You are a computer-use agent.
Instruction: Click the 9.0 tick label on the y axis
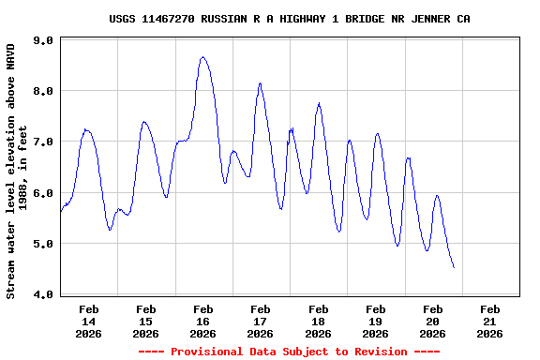point(42,40)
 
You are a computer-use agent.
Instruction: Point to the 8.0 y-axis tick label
point(42,91)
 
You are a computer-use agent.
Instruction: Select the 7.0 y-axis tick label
point(42,142)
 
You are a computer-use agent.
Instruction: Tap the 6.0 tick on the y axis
point(42,193)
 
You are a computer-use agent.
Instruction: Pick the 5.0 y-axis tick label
point(42,244)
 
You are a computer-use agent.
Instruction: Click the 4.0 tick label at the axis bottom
point(42,294)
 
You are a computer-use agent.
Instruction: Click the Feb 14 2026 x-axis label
point(89,321)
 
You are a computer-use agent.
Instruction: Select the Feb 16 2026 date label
point(203,321)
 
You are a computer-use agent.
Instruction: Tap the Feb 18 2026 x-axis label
point(318,321)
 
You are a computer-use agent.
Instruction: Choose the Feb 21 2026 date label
point(489,321)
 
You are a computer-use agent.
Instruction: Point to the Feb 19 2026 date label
point(375,321)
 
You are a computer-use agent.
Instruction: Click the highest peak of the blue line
point(202,57)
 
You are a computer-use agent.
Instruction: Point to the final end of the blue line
point(454,268)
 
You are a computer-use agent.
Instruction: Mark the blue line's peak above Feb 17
point(260,83)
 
